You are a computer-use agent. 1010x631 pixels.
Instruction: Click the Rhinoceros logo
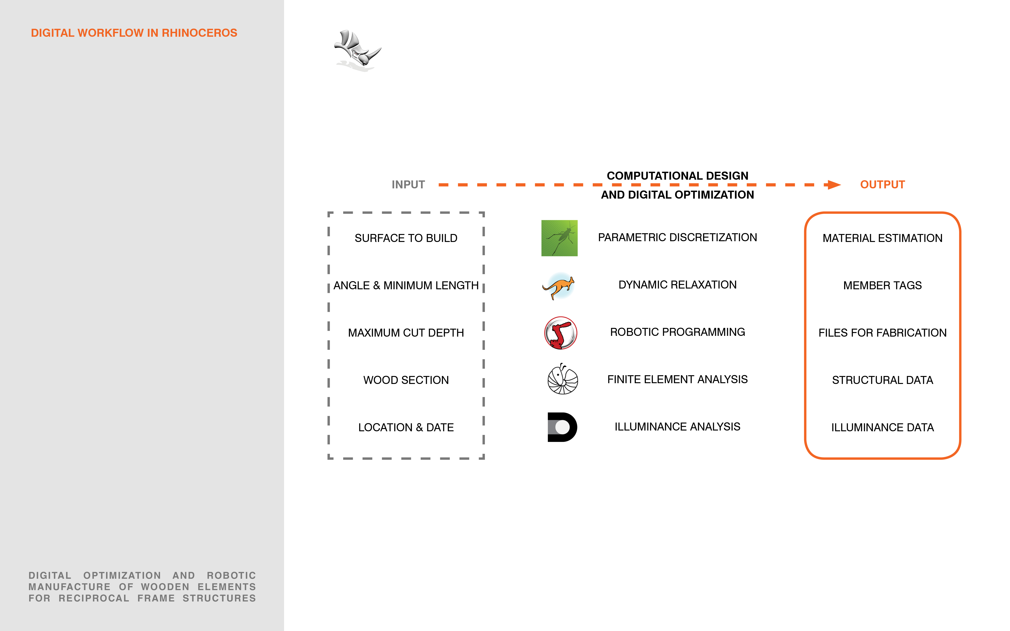click(358, 49)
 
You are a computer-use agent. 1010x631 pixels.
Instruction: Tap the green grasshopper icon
click(559, 238)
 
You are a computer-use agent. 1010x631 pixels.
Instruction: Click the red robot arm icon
click(561, 333)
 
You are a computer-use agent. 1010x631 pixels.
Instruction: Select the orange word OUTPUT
click(882, 184)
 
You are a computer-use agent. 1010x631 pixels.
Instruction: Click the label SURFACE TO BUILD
click(406, 238)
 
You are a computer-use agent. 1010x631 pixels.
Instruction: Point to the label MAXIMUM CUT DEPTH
click(406, 333)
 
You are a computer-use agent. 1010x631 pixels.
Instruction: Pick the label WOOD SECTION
click(406, 380)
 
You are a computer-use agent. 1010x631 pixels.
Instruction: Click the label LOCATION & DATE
click(406, 427)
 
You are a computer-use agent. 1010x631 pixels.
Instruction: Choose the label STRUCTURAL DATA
click(882, 380)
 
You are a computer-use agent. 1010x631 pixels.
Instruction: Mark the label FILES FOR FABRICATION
click(882, 333)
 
